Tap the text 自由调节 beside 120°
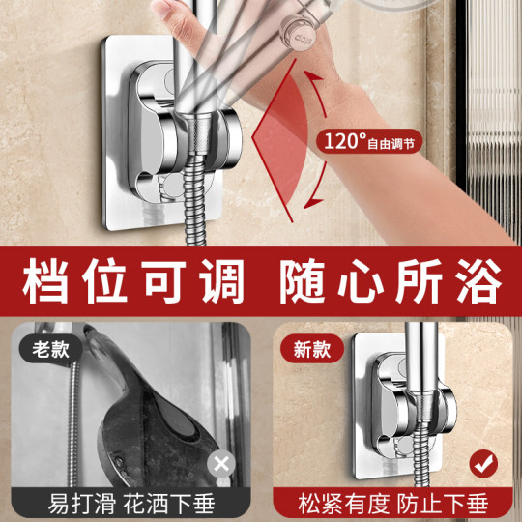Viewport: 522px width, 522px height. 395,143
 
